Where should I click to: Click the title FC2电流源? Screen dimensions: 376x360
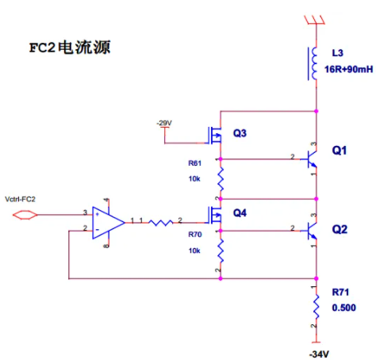tap(70, 48)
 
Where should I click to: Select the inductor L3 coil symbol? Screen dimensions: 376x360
tap(313, 63)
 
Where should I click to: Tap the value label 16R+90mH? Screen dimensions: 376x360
tap(348, 69)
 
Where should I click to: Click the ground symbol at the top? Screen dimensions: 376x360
tap(314, 20)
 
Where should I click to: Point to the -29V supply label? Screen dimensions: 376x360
tap(164, 123)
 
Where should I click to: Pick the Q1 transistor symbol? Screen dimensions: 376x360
tap(312, 159)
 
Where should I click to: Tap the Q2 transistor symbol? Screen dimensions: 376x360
tap(312, 231)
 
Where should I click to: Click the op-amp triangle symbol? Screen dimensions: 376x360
tap(108, 223)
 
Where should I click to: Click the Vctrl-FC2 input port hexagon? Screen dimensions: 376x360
tap(25, 215)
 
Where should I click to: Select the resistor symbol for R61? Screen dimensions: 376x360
tap(221, 179)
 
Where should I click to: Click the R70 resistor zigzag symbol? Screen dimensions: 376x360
tap(221, 251)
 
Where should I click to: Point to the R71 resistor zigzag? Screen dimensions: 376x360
tap(316, 307)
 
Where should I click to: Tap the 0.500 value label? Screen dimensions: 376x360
tap(344, 308)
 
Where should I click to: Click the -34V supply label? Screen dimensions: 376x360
tap(319, 354)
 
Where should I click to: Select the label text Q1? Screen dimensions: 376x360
tap(340, 151)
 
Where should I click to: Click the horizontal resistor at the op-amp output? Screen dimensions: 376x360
tap(161, 223)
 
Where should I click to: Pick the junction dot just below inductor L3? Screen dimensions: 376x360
tap(316, 111)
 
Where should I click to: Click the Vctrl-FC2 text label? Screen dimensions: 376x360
tap(20, 199)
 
